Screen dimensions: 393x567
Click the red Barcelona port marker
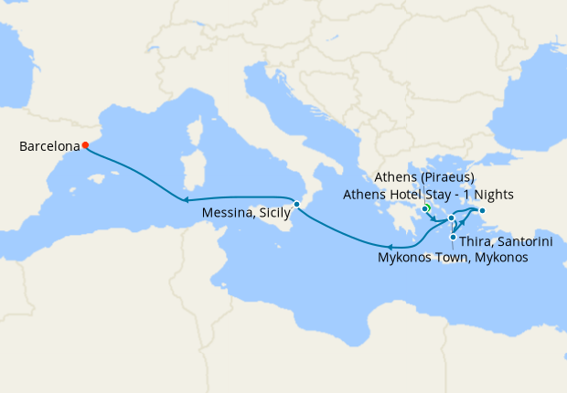[x=84, y=144]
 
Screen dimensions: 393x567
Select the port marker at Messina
[x=296, y=204]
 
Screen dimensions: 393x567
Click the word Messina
[x=228, y=213]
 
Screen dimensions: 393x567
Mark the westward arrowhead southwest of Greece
[x=389, y=246]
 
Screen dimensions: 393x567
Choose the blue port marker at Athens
[x=424, y=210]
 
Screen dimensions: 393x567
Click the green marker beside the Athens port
[x=427, y=207]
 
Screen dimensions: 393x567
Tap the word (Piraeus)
[x=446, y=177]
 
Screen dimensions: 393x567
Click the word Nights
[x=493, y=195]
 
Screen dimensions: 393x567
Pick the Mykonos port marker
[x=451, y=218]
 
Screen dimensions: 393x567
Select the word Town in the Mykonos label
[x=454, y=259]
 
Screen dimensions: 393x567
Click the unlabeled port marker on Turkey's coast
[x=482, y=211]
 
